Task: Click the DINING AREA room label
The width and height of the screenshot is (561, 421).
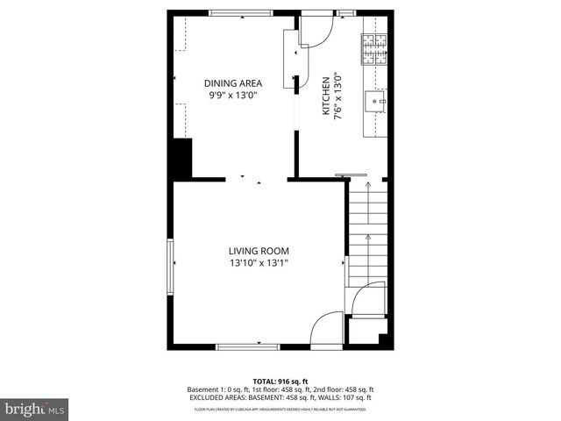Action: pyautogui.click(x=233, y=83)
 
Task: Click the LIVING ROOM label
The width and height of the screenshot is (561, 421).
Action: pyautogui.click(x=259, y=251)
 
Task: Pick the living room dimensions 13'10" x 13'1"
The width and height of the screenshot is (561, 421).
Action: pyautogui.click(x=259, y=262)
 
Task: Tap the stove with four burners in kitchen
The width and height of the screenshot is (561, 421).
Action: pyautogui.click(x=374, y=50)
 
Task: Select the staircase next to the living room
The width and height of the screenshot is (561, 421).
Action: pyautogui.click(x=367, y=233)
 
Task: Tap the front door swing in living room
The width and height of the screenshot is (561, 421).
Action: pyautogui.click(x=328, y=328)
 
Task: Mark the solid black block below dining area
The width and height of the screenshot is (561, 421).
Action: pyautogui.click(x=182, y=158)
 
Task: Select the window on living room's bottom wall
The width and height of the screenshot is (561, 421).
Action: pyautogui.click(x=248, y=346)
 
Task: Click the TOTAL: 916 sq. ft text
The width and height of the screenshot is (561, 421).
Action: pyautogui.click(x=280, y=381)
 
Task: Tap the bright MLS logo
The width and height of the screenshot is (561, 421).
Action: pyautogui.click(x=35, y=409)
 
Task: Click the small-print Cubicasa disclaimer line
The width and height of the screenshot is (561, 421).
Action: pyautogui.click(x=280, y=410)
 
